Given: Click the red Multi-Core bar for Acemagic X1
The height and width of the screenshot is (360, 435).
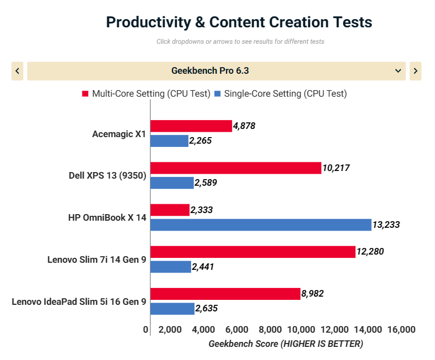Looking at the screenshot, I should point(191,126).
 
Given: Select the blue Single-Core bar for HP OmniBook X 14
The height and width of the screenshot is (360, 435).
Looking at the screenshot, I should point(260,225).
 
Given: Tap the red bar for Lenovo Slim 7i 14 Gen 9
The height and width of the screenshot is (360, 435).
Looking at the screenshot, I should point(253,252).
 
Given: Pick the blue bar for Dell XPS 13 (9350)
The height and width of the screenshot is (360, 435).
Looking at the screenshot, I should point(172,183).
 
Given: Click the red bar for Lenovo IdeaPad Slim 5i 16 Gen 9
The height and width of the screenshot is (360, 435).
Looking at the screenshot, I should point(225,294).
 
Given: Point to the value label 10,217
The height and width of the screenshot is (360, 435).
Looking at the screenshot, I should point(336,168).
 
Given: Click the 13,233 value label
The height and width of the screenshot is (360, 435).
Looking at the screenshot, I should point(386,225).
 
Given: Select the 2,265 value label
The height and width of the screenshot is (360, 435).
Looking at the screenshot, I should point(200,141).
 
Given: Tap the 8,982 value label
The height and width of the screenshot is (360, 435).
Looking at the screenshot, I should point(313,294).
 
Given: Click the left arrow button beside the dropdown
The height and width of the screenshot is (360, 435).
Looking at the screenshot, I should point(17,71).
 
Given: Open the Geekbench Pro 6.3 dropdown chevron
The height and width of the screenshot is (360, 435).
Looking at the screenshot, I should point(398,71).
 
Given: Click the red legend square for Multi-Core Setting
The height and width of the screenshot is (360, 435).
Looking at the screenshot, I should point(85,94).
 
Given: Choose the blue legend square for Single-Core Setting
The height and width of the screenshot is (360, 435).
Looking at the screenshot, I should point(217,94).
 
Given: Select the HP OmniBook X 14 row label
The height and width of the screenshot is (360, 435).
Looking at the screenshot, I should point(107,217).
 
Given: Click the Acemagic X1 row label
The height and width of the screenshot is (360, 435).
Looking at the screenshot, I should point(119,134).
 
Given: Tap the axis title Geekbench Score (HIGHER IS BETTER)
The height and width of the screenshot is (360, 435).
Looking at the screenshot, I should point(285,344).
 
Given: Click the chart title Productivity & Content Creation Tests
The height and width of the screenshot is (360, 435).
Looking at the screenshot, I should point(239,22).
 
